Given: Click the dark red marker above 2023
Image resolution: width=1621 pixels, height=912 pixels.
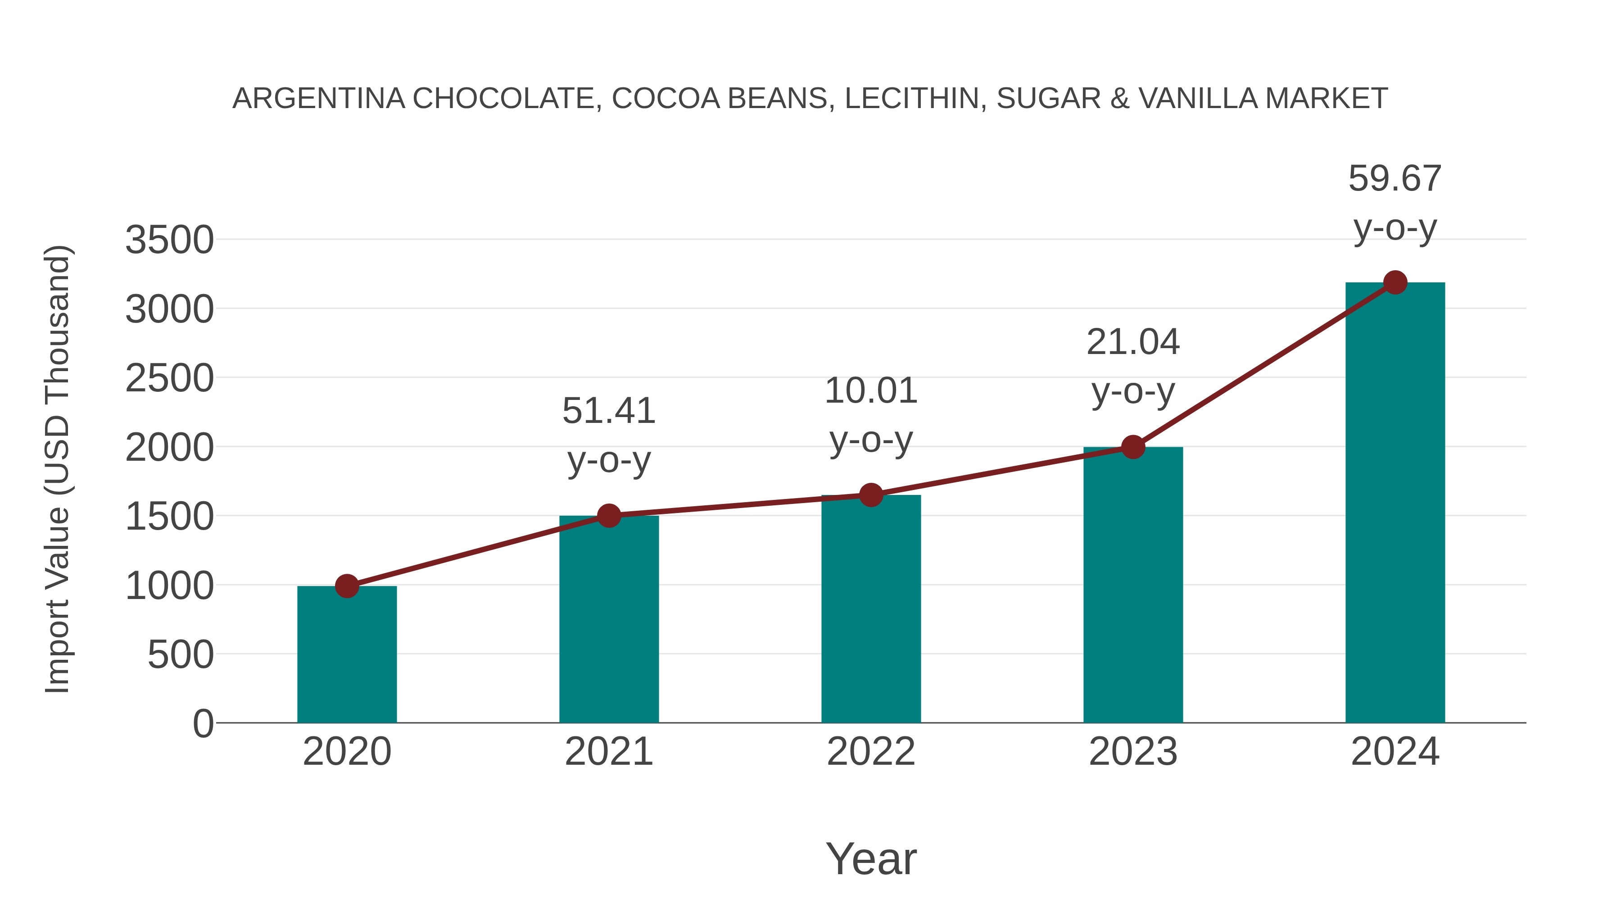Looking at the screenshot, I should click(1133, 447).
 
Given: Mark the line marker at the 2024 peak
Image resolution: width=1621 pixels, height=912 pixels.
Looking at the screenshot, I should click(1395, 282).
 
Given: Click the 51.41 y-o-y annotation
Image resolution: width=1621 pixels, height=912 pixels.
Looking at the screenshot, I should click(608, 435).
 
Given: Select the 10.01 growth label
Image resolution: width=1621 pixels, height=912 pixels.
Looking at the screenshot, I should click(871, 415).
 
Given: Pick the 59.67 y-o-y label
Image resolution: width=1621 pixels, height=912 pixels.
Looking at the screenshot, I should click(1395, 202).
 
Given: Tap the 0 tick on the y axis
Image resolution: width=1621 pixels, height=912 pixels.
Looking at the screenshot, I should click(203, 723).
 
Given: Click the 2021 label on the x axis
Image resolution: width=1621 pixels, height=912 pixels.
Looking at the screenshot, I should click(608, 752).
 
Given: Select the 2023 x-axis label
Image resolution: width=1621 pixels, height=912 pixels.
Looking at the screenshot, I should click(1133, 752).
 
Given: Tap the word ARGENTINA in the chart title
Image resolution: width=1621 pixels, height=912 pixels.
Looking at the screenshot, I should click(318, 98).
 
